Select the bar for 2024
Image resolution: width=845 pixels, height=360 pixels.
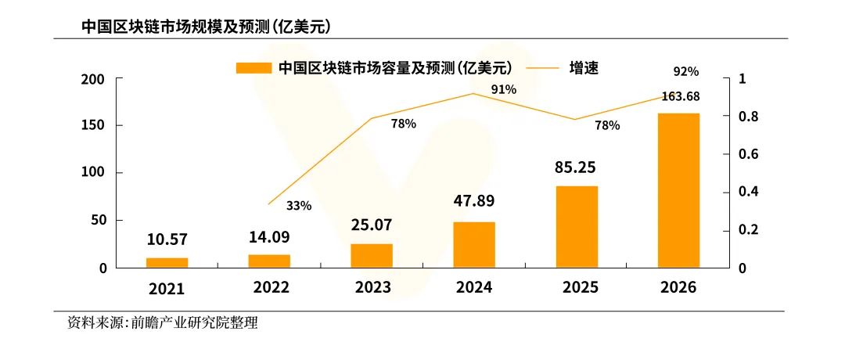coord(474,244)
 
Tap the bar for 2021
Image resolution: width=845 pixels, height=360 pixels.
coord(167,262)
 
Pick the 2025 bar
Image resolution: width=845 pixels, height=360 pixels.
coord(577,226)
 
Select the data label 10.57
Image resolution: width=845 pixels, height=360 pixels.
coord(167,239)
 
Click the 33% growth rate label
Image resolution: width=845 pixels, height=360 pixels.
coord(299,206)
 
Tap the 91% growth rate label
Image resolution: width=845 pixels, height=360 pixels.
coord(504,89)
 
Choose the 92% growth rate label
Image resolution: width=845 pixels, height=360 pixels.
coord(685,71)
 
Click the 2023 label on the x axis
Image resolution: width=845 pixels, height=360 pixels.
coord(372,287)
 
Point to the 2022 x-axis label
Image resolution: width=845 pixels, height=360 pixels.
coord(271,287)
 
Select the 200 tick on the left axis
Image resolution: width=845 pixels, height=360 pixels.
coord(93,79)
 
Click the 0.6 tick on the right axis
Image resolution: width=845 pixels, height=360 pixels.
coord(750,154)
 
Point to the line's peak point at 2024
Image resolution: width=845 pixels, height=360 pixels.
coord(474,93)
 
